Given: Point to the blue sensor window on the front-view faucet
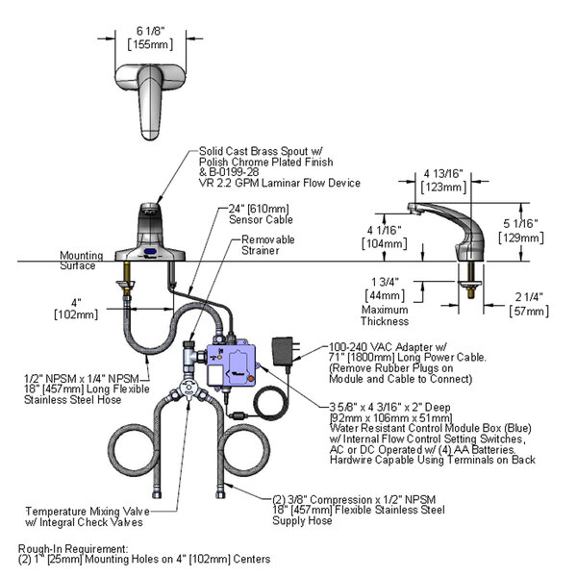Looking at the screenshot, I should [150, 254].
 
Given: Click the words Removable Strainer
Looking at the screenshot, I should [267, 245].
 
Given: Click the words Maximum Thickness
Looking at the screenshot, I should [386, 315].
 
